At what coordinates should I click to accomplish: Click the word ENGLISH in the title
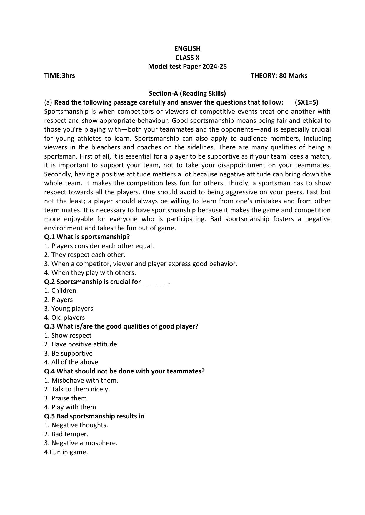click(187, 48)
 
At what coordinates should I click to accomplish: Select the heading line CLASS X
click(187, 58)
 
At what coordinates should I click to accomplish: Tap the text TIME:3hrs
click(59, 75)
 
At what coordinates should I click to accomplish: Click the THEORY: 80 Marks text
click(279, 75)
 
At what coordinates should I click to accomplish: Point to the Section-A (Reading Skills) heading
click(187, 93)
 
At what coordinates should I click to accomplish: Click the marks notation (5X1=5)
click(306, 102)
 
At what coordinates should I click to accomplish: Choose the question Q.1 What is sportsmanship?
click(87, 237)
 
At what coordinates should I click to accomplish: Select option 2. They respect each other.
click(85, 255)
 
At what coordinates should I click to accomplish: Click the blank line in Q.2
click(155, 282)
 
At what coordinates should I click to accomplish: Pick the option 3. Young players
click(69, 308)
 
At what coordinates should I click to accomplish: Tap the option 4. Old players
click(64, 317)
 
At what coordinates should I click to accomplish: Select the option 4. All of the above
click(71, 362)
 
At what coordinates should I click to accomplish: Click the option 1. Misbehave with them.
click(81, 380)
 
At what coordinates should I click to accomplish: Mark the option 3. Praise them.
click(66, 398)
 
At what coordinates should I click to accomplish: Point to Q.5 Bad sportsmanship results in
click(94, 416)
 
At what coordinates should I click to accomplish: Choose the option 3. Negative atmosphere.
click(81, 443)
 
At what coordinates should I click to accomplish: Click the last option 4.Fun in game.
click(66, 452)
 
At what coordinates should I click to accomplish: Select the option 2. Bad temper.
click(66, 434)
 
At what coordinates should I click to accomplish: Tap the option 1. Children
click(60, 290)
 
